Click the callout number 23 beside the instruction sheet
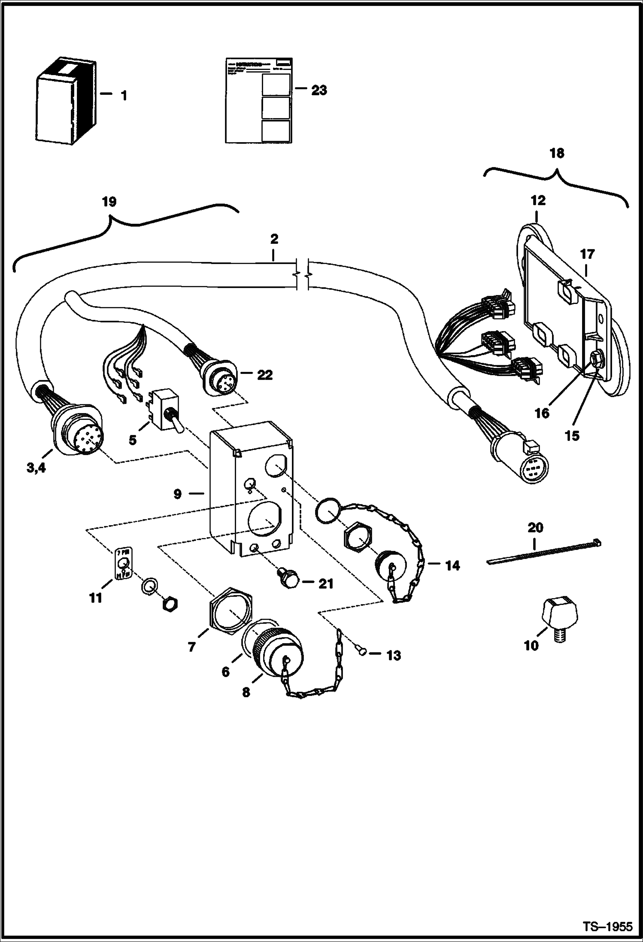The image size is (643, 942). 319,91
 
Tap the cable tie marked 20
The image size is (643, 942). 544,553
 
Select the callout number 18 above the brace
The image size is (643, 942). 557,153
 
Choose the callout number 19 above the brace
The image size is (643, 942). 109,202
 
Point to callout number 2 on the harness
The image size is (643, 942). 274,239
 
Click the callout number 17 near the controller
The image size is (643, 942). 588,254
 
